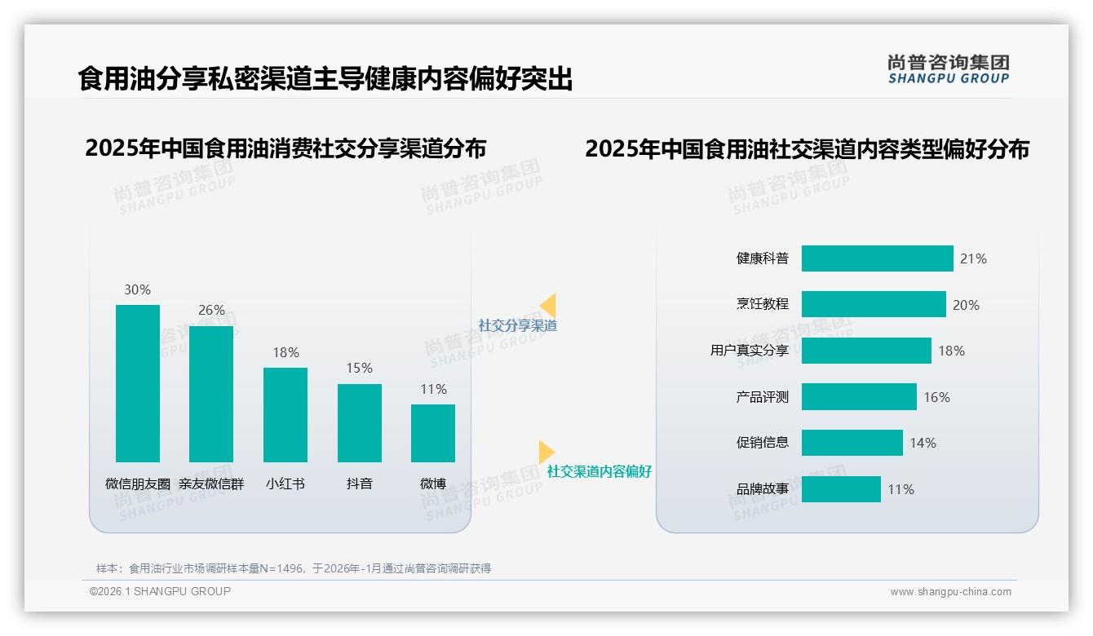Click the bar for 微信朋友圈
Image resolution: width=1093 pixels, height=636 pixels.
click(x=138, y=383)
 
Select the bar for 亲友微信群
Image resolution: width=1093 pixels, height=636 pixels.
click(x=211, y=394)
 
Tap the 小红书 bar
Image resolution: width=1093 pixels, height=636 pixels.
click(x=285, y=414)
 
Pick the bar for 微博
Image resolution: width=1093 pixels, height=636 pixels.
click(x=433, y=433)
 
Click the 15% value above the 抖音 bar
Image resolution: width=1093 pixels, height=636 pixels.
click(x=359, y=368)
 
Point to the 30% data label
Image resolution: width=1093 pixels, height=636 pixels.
click(x=137, y=289)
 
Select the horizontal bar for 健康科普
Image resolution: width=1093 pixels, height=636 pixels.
click(x=877, y=258)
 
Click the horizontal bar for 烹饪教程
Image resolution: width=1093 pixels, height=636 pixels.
click(x=874, y=304)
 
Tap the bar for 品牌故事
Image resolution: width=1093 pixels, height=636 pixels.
click(x=841, y=489)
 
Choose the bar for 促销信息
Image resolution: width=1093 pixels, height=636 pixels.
click(x=852, y=443)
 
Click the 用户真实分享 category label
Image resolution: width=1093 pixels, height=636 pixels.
click(x=750, y=351)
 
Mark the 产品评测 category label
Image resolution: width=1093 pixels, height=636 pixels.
click(x=763, y=397)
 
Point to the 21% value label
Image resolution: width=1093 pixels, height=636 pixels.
click(x=973, y=258)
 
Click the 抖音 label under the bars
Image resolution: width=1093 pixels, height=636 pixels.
click(x=359, y=484)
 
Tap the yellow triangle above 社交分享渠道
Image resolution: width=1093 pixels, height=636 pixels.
click(x=548, y=305)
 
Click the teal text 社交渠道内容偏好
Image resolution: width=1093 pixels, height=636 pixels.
click(x=600, y=471)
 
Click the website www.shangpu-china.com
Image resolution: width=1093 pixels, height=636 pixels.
click(x=950, y=592)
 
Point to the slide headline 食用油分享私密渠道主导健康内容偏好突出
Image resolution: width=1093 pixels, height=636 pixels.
click(x=325, y=79)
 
